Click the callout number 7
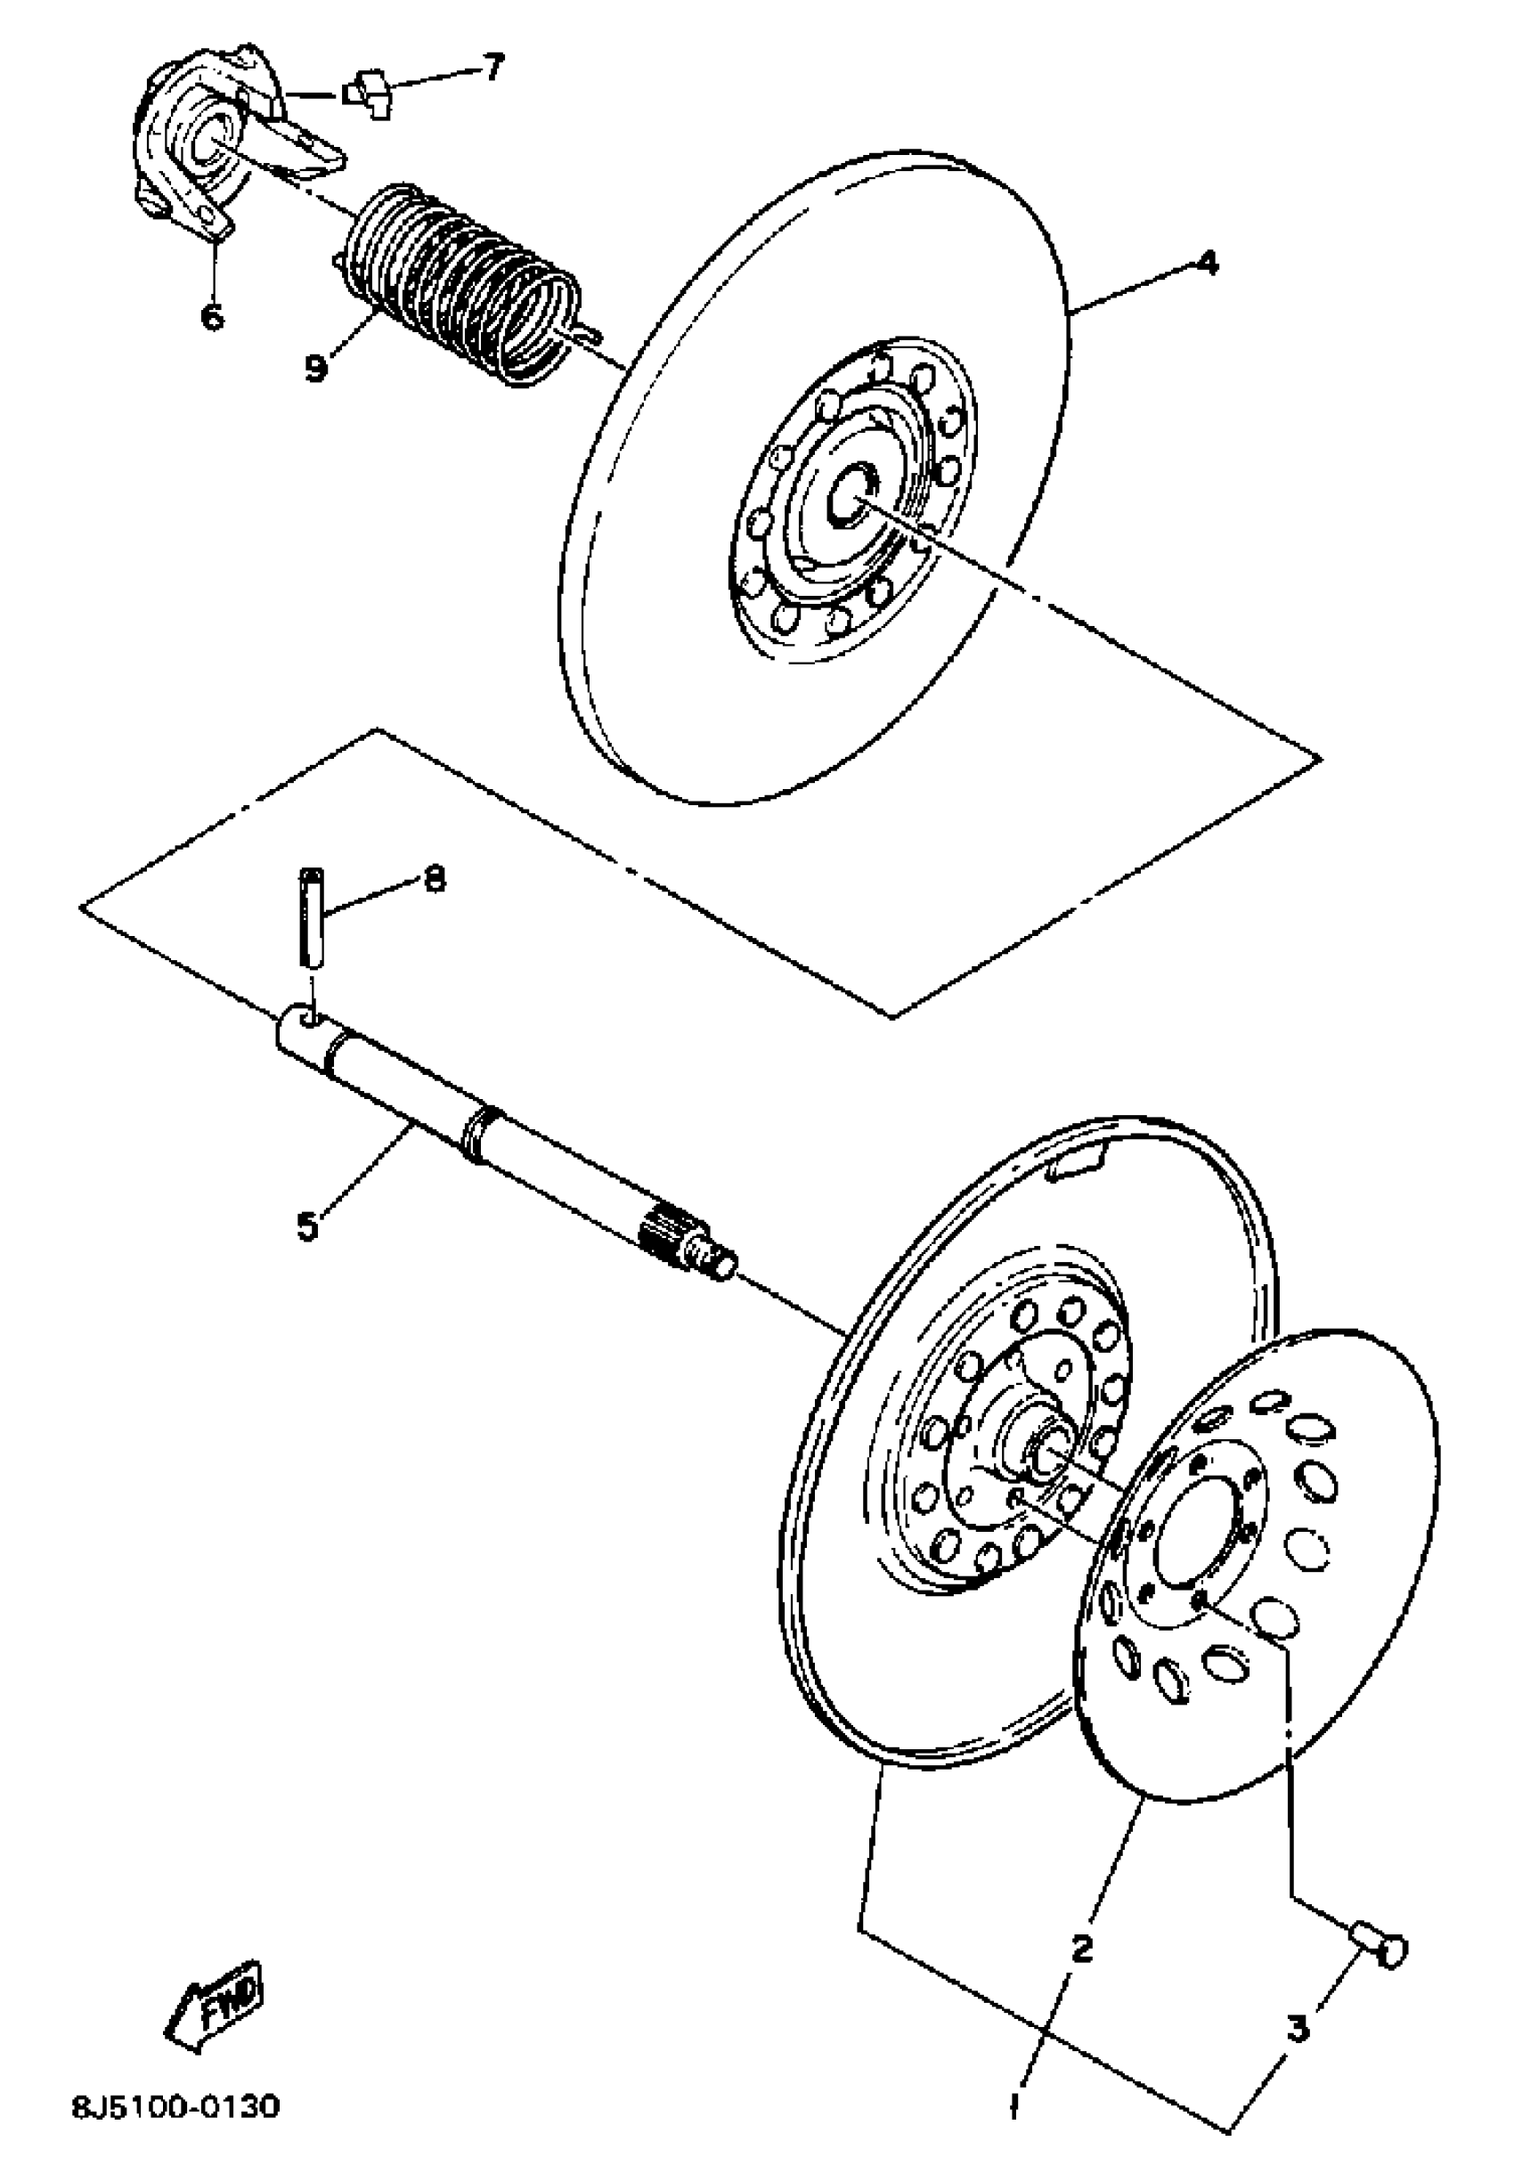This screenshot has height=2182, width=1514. [x=492, y=69]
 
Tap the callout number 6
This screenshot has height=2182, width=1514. [x=213, y=315]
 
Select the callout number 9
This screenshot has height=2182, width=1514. [x=316, y=367]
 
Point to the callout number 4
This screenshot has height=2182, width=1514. [x=1206, y=263]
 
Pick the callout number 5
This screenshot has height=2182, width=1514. [x=308, y=1225]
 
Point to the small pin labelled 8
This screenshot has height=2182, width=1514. [x=311, y=915]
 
